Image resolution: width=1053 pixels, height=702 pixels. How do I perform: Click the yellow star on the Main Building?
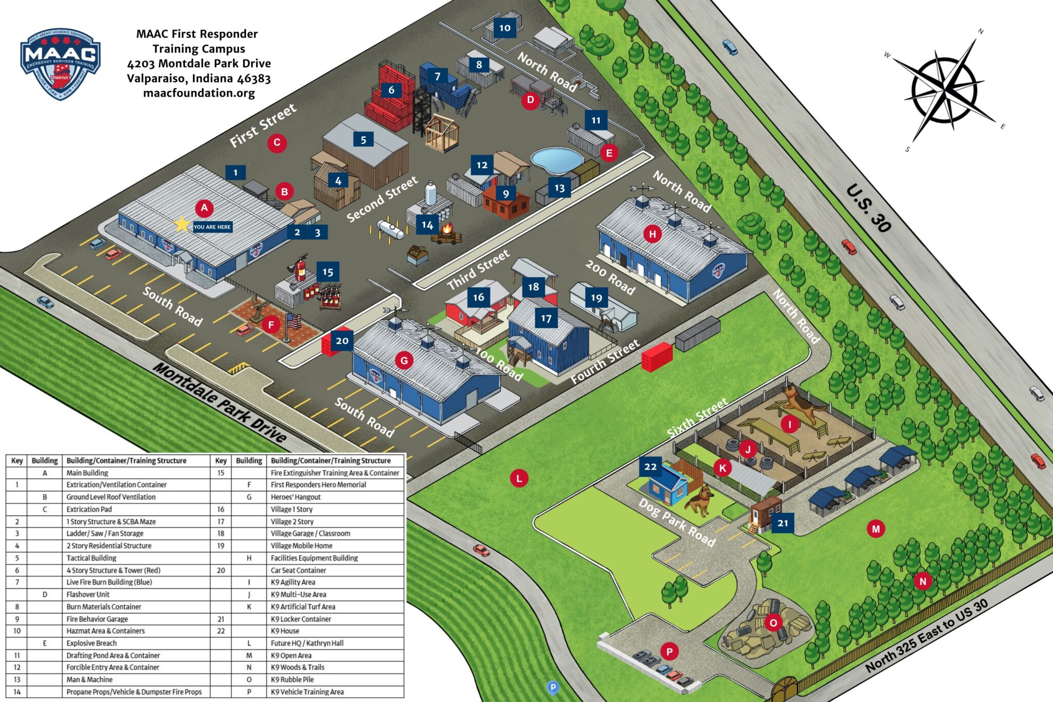[x=181, y=224]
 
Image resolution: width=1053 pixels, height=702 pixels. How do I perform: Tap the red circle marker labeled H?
[x=652, y=234]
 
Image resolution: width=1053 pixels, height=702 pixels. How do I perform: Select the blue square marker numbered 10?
[x=505, y=28]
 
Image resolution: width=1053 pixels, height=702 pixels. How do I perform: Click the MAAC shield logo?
[x=60, y=64]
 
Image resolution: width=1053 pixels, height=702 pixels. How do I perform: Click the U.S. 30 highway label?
[x=869, y=208]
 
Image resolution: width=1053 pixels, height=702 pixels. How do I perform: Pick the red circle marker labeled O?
[x=773, y=623]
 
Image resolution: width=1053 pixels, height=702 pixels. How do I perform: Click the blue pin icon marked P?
[x=553, y=688]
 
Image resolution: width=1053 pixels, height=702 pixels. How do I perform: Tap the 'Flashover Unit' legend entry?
[x=88, y=595]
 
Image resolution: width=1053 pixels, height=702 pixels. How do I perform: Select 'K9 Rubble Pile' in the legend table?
[x=293, y=679]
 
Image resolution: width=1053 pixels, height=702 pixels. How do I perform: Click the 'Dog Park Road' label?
[x=677, y=522]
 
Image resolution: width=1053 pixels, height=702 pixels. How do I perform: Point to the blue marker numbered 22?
[x=650, y=466]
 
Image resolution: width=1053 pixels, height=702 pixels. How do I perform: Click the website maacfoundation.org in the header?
[x=199, y=93]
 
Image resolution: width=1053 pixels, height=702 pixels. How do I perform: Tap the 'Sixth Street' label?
[x=697, y=417]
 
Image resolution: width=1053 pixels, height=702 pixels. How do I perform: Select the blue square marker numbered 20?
[x=342, y=340]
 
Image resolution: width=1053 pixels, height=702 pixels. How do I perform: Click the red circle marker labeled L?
[x=519, y=479]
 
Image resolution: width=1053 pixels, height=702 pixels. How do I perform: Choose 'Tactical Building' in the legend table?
[x=92, y=558]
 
